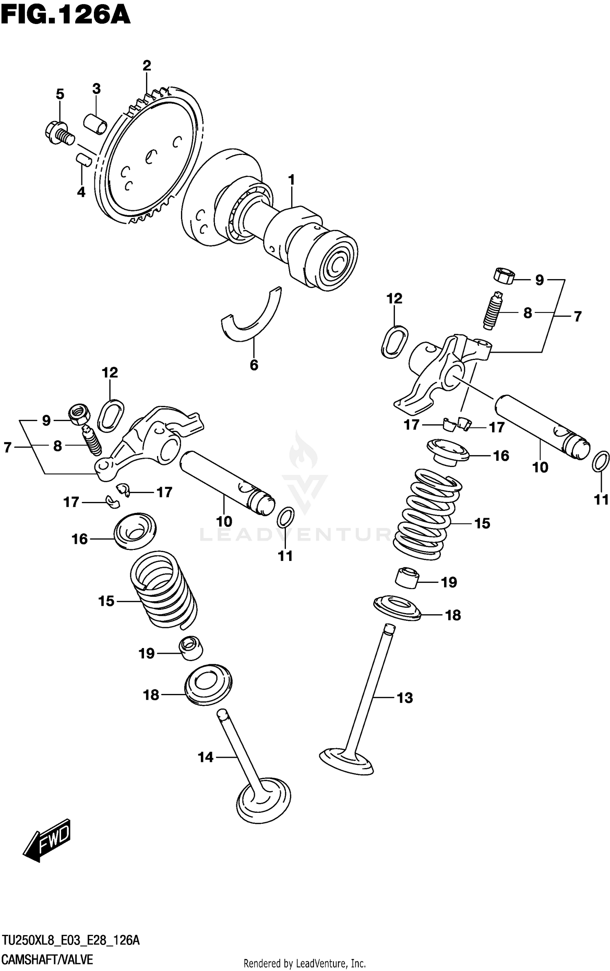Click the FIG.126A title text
[x=65, y=16]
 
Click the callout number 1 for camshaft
[x=291, y=180]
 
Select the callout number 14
[x=205, y=757]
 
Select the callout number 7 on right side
[x=577, y=316]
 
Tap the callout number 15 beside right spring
[x=482, y=523]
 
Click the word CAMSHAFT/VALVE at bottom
[x=48, y=960]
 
